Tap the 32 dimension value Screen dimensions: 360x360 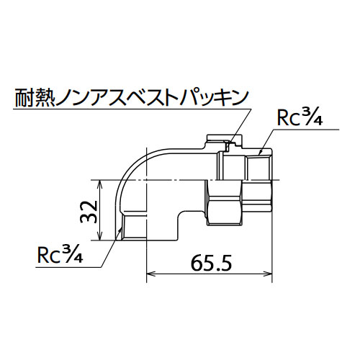pyautogui.click(x=89, y=212)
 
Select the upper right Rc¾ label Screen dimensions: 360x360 pyautogui.click(x=300, y=118)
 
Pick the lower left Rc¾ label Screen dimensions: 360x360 pyautogui.click(x=60, y=255)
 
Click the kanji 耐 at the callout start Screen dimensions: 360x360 pyautogui.click(x=24, y=98)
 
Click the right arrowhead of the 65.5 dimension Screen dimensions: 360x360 pyautogui.click(x=268, y=274)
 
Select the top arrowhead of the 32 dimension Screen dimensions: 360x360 pyautogui.click(x=100, y=184)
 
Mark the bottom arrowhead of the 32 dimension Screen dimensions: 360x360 pyautogui.click(x=100, y=235)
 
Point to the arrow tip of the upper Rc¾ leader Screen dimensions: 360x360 pyautogui.click(x=260, y=153)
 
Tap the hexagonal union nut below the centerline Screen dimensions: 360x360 pyautogui.click(x=224, y=203)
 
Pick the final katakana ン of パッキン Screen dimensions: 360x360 pyautogui.click(x=238, y=98)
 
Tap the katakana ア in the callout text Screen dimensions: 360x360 pyautogui.click(x=102, y=98)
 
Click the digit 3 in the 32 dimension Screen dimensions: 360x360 pyautogui.click(x=89, y=218)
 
